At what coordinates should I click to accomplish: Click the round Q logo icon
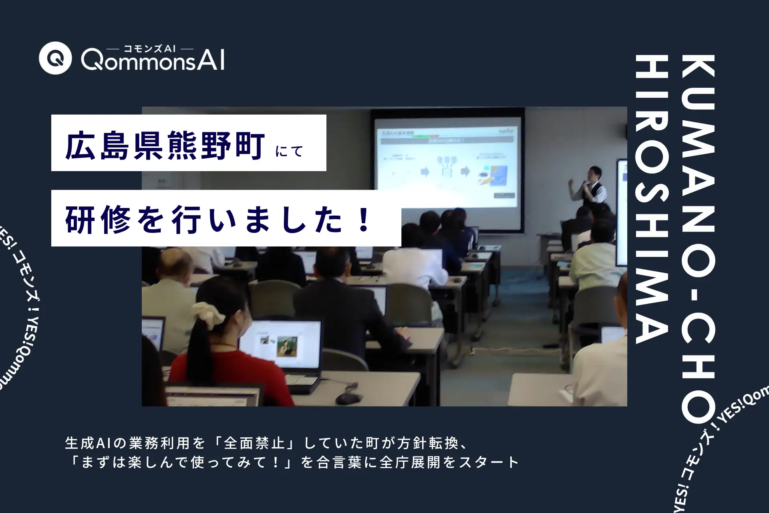[55, 58]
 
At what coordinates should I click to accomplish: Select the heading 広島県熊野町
[165, 147]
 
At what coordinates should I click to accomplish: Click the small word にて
[290, 151]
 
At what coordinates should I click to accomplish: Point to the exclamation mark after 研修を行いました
[364, 221]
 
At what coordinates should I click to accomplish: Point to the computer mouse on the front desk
[348, 398]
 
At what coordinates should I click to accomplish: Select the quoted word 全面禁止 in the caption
[255, 443]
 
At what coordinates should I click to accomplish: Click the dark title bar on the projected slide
[446, 141]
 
